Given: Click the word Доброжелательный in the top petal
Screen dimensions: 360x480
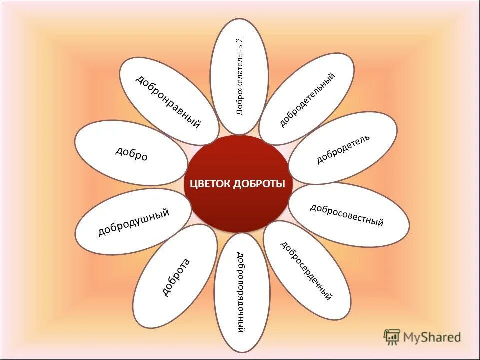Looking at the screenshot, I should (240, 76).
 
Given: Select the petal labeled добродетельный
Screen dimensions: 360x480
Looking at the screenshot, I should (307, 99).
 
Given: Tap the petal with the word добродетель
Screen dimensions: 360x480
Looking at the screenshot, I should (343, 148).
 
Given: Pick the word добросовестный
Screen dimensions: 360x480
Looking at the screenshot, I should (347, 215).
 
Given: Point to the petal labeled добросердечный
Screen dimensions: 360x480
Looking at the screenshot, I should (306, 270).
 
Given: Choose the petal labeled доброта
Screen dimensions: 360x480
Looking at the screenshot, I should (175, 276).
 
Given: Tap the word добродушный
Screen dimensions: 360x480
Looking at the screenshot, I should (133, 222).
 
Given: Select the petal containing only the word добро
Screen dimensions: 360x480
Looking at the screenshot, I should (132, 154).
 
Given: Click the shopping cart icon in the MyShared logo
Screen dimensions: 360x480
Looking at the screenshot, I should (392, 337).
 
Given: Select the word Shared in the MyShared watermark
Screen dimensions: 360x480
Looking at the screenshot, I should (442, 337).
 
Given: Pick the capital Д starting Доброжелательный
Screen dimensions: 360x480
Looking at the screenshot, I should (240, 112).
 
